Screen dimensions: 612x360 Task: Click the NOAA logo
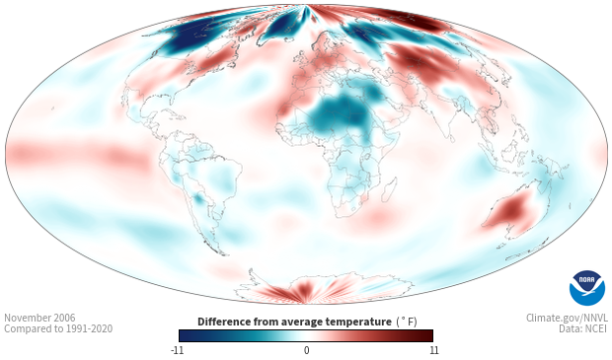point(586,287)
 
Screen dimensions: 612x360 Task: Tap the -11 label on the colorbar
point(177,350)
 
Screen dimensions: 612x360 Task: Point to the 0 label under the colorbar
point(306,350)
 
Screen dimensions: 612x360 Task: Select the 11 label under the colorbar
point(434,350)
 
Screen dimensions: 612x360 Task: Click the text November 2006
point(39,318)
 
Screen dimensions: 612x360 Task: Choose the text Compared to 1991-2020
point(58,328)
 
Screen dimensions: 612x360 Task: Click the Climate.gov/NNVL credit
point(567,318)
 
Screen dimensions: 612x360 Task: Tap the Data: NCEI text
point(583,328)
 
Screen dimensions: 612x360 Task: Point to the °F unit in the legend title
point(407,323)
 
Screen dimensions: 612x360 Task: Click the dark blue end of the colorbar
point(186,335)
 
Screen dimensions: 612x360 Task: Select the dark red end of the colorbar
point(426,335)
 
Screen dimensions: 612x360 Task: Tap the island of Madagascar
point(389,190)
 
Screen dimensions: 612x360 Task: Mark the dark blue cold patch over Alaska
point(181,38)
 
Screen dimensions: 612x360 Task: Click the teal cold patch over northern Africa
point(339,114)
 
